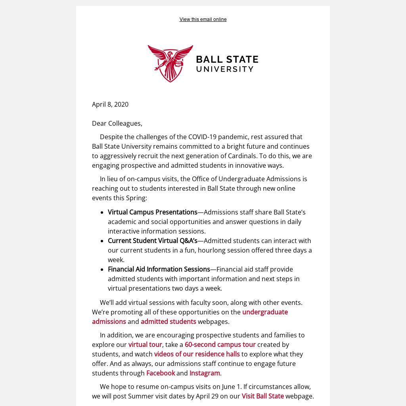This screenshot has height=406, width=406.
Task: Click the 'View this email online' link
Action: tap(203, 19)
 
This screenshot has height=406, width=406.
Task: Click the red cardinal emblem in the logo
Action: tap(170, 63)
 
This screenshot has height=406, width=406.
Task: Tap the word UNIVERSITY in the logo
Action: tap(225, 69)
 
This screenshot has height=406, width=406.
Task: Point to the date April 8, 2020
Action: tap(110, 104)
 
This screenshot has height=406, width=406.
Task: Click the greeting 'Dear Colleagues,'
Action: tap(117, 123)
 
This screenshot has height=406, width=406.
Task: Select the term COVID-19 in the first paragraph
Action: tap(202, 137)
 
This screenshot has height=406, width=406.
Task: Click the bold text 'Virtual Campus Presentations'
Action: tap(153, 212)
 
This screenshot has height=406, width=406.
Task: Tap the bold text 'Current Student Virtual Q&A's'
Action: tap(153, 241)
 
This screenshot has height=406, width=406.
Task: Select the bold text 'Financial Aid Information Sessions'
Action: tap(159, 269)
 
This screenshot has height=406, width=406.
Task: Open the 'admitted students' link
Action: tap(169, 322)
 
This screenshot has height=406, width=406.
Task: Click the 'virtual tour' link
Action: tap(145, 345)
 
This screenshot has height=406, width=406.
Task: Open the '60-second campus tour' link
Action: tap(220, 345)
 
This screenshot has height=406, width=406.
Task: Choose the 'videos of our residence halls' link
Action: tap(197, 354)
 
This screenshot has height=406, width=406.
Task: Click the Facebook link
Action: tap(161, 373)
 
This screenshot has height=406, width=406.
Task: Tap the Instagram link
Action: tap(205, 373)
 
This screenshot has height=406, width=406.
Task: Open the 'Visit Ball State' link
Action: tap(263, 396)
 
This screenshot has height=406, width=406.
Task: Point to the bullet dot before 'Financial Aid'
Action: tap(102, 270)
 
